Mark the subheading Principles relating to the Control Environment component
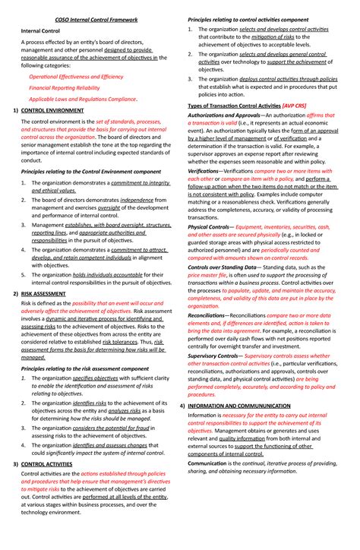coord(90,172)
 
